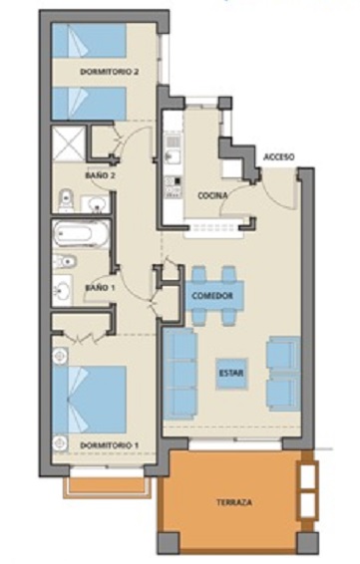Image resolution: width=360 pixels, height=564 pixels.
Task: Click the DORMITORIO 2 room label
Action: (x=109, y=72)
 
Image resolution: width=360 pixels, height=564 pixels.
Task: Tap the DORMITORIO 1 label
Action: (x=109, y=445)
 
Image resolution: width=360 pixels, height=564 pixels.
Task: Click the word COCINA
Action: (x=212, y=195)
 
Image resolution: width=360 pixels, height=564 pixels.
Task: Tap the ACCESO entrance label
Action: (x=279, y=157)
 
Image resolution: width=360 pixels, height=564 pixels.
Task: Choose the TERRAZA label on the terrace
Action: (x=234, y=502)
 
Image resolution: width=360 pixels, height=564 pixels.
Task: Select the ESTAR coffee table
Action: (x=231, y=374)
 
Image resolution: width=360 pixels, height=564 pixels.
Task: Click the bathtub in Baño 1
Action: (x=81, y=234)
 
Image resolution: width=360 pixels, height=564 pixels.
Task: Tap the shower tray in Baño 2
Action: (x=69, y=143)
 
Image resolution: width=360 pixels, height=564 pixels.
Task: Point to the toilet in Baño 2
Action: (x=66, y=200)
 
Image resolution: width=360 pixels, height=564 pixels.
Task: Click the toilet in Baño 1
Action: (x=65, y=261)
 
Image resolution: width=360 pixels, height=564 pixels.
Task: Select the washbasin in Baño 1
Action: (x=62, y=291)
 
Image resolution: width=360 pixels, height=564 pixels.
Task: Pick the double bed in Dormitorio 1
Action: (x=90, y=400)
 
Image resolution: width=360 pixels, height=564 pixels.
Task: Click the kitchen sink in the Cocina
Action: (x=174, y=155)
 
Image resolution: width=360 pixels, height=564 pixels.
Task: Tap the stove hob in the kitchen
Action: (x=174, y=186)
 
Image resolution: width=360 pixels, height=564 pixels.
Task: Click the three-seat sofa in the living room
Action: (x=180, y=374)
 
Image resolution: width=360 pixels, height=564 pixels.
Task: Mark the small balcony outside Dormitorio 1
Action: (x=107, y=487)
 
